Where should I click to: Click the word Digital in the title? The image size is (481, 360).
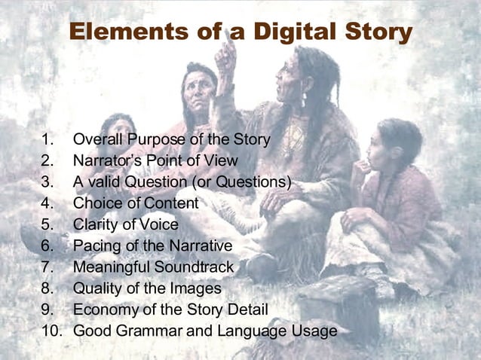click(296, 32)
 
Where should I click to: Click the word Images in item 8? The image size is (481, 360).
click(198, 288)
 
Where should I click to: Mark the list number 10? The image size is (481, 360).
click(51, 331)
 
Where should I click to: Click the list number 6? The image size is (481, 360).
click(47, 246)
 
